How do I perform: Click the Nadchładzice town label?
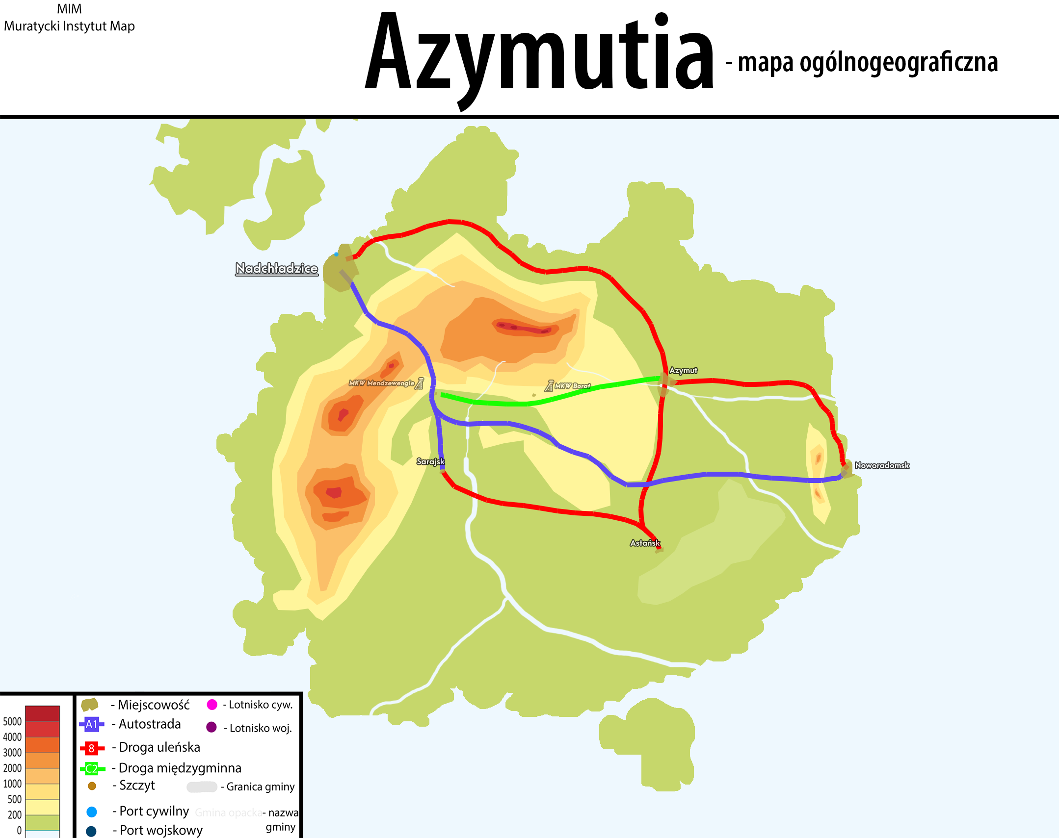pyautogui.click(x=276, y=268)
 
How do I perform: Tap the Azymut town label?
pyautogui.click(x=683, y=370)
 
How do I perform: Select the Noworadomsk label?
pyautogui.click(x=882, y=465)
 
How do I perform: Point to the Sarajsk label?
pyautogui.click(x=430, y=461)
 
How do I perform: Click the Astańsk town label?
pyautogui.click(x=645, y=543)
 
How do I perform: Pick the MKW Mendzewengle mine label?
pyautogui.click(x=381, y=382)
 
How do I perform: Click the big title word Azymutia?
pyautogui.click(x=539, y=54)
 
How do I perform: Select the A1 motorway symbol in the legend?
pyautogui.click(x=92, y=724)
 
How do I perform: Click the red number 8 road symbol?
pyautogui.click(x=92, y=748)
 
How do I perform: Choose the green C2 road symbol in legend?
pyautogui.click(x=92, y=768)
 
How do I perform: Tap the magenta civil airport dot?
pyautogui.click(x=212, y=705)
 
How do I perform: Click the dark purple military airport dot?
pyautogui.click(x=212, y=727)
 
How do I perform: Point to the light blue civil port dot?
pyautogui.click(x=92, y=812)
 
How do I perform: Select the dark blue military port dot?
pyautogui.click(x=91, y=831)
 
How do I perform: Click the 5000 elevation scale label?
pyautogui.click(x=12, y=721)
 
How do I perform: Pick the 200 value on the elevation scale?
pyautogui.click(x=15, y=815)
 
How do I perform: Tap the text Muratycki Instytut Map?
pyautogui.click(x=69, y=26)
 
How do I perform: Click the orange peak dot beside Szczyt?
pyautogui.click(x=92, y=786)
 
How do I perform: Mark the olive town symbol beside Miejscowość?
pyautogui.click(x=90, y=705)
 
